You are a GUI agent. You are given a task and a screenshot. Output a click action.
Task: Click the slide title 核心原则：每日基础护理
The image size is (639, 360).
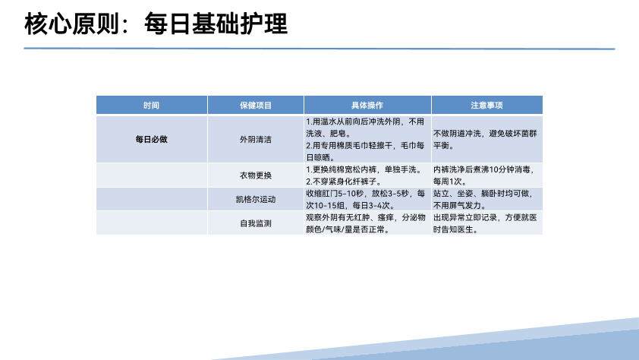[x=156, y=24]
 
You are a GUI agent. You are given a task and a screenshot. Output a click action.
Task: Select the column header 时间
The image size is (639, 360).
[x=151, y=105]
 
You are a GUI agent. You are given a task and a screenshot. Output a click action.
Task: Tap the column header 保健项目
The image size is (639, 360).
[x=256, y=105]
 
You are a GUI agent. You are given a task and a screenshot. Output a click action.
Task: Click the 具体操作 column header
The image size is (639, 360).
[x=367, y=105]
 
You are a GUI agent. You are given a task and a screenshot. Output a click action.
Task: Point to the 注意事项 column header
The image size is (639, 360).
[x=486, y=105]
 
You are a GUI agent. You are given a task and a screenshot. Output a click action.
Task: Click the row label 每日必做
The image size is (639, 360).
[x=152, y=140]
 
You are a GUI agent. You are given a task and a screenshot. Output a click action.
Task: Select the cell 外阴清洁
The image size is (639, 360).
[x=256, y=140]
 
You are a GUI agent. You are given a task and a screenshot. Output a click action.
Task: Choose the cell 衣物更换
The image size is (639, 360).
[x=256, y=175]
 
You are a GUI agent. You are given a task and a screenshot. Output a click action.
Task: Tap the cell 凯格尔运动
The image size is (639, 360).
[x=256, y=199]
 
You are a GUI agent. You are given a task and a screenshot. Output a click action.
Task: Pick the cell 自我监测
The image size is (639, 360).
[x=256, y=223]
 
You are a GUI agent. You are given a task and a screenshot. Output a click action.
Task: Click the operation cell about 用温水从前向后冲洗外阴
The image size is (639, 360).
[x=366, y=140]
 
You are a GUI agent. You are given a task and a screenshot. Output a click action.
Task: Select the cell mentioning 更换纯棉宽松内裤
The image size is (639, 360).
[x=364, y=175]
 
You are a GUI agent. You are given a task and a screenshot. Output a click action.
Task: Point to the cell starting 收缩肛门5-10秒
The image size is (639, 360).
[x=366, y=199]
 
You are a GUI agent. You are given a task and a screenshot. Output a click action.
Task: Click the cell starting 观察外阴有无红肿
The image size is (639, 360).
[x=366, y=223]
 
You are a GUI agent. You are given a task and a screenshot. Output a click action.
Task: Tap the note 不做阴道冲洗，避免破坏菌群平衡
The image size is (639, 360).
[x=485, y=140]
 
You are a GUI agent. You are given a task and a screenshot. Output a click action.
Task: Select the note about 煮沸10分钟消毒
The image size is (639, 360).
[x=483, y=175]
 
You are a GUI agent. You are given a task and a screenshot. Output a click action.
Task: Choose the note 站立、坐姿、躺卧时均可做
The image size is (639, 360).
[x=483, y=199]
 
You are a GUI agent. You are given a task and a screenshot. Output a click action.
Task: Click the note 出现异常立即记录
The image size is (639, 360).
[x=485, y=223]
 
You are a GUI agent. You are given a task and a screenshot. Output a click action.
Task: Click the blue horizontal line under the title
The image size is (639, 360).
[x=319, y=49]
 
